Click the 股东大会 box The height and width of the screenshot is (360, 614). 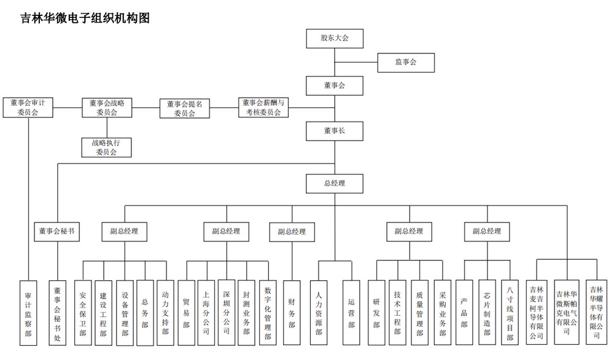coord(335,38)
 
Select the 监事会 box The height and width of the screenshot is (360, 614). coord(406,62)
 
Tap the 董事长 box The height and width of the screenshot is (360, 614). coord(335,130)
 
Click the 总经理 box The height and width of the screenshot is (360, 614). coord(335,183)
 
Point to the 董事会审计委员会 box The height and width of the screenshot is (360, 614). coord(28,108)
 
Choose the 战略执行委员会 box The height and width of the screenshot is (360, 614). coord(107,147)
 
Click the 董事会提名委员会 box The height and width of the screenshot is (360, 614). coord(184,108)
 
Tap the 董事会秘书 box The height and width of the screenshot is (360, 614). coord(57,231)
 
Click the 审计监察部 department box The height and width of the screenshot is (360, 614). coord(28,313)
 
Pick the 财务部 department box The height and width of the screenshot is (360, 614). coord(292,313)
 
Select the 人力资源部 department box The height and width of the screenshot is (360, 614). coord(318,313)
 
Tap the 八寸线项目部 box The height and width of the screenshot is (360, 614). coord(510,313)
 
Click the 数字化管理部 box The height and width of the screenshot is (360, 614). coord(268,313)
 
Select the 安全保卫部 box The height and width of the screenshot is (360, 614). coord(82,313)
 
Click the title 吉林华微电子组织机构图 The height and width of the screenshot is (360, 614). coord(85,18)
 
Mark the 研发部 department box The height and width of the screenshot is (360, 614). coord(376,313)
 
